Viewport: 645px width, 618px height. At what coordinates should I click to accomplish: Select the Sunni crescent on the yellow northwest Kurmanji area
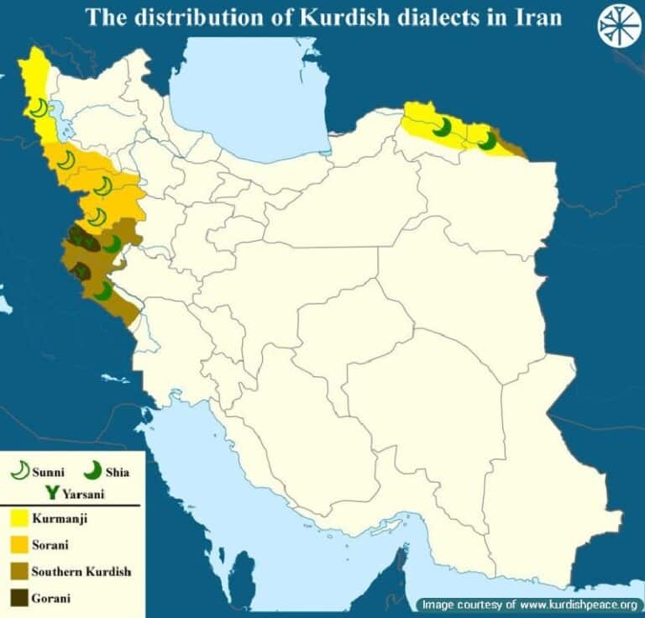39,107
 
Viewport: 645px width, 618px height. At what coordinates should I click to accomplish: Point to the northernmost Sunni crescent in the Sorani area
67,160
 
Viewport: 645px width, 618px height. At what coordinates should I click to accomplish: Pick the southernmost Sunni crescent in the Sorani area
97,217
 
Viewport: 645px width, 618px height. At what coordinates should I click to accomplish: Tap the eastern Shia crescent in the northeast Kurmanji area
487,141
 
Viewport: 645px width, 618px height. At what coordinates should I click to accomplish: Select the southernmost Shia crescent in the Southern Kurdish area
102,291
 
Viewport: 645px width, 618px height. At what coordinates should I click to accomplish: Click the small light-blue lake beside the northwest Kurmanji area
56,109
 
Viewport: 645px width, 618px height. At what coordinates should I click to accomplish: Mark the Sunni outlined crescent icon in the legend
18,471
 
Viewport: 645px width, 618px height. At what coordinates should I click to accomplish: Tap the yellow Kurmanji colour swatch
16,518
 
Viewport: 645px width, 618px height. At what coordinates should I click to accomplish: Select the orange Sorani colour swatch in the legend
16,545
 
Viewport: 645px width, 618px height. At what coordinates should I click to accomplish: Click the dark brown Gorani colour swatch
16,599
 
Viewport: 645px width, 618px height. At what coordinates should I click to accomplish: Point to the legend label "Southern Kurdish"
81,572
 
